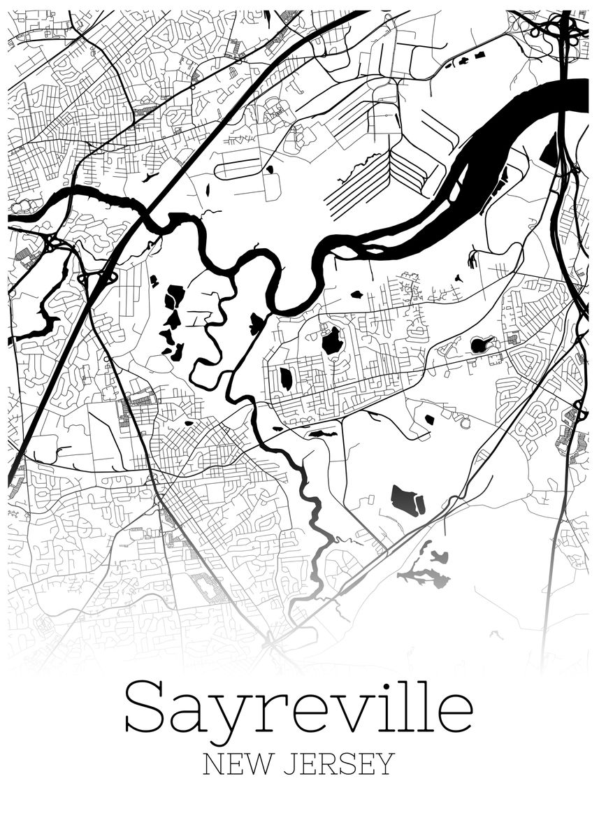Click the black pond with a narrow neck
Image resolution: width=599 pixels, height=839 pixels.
482,344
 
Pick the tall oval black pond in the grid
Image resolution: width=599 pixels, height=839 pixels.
286,378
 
